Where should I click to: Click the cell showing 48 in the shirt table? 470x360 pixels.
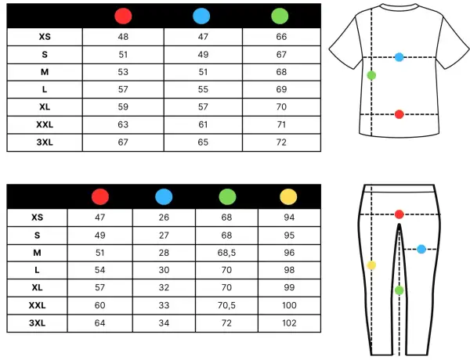(123, 37)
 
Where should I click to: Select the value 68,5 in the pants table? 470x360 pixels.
(226, 253)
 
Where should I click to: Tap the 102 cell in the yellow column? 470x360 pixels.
(289, 323)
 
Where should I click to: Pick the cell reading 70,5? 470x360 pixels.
(226, 305)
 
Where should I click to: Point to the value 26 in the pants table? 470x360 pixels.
(164, 218)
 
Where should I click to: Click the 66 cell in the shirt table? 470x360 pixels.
(281, 37)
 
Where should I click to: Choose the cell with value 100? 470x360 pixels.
(289, 305)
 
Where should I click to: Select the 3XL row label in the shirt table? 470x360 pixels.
(45, 142)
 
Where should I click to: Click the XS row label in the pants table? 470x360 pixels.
(37, 218)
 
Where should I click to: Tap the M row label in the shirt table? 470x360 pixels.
(45, 72)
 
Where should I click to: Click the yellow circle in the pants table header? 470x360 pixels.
(288, 196)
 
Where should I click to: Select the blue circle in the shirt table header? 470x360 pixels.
(201, 16)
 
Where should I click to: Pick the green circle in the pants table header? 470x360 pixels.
(227, 196)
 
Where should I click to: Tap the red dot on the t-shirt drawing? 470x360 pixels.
(399, 114)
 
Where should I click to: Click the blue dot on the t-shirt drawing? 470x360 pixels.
(399, 57)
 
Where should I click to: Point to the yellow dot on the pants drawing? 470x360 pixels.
(371, 265)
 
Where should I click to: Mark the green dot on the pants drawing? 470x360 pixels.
(399, 290)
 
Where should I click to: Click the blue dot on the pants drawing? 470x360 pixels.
(421, 249)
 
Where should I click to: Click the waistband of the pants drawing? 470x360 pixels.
(399, 189)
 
